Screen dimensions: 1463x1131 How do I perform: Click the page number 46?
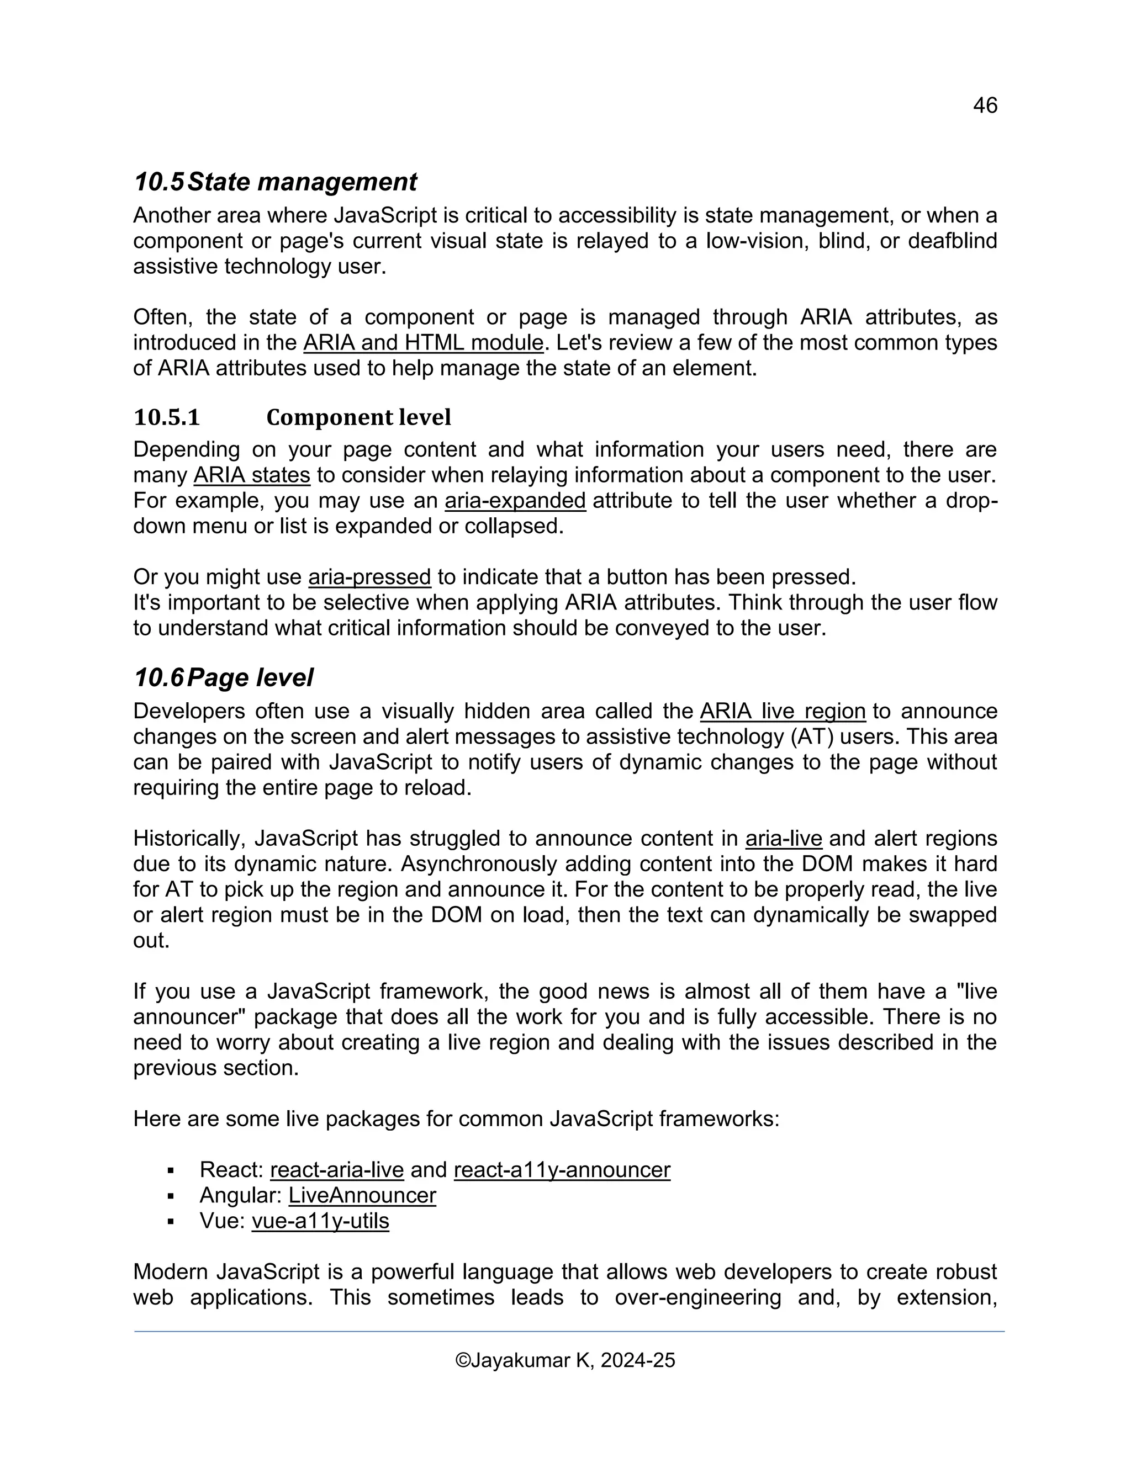click(x=984, y=105)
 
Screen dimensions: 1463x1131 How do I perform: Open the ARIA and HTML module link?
click(x=423, y=343)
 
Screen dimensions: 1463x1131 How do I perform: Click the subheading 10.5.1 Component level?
click(x=292, y=417)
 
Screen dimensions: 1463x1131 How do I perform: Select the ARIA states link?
click(x=251, y=475)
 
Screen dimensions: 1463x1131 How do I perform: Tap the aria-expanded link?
click(x=515, y=500)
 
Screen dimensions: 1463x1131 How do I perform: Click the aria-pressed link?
click(x=369, y=577)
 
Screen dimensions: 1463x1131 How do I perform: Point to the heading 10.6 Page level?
click(x=223, y=678)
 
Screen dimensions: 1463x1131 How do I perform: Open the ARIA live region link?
click(x=782, y=711)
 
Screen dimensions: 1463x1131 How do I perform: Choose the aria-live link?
click(x=783, y=838)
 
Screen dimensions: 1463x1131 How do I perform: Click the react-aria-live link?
click(x=336, y=1170)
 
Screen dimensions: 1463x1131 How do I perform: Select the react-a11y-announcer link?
click(x=562, y=1170)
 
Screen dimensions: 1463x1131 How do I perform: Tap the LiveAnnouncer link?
click(x=362, y=1195)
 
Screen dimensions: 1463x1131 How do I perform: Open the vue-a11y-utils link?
click(x=320, y=1221)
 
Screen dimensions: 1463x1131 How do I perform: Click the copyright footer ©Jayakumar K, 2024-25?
click(x=565, y=1360)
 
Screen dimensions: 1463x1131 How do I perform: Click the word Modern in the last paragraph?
click(x=170, y=1271)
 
